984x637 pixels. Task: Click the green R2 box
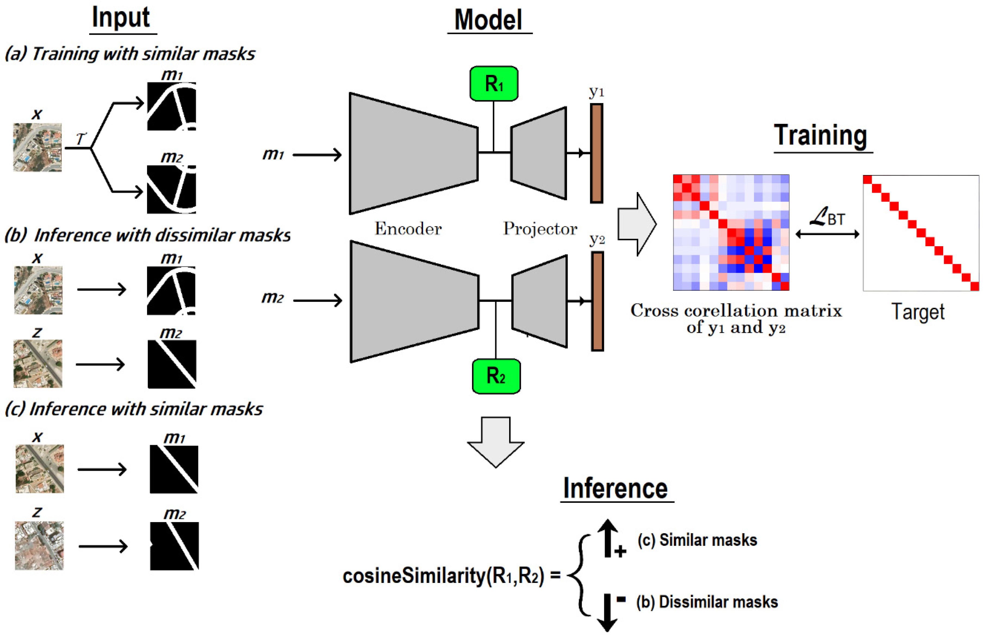coord(496,376)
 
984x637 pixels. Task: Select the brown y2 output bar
coord(597,301)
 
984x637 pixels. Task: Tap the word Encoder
coord(408,229)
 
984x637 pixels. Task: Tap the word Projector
coord(540,229)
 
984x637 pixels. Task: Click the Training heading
coord(820,136)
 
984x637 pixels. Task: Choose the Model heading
coord(488,20)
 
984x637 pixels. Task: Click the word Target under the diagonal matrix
coord(918,312)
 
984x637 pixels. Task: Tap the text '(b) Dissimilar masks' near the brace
coord(707,602)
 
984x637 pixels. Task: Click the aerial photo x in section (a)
coord(37,147)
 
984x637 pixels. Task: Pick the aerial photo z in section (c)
coord(39,546)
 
